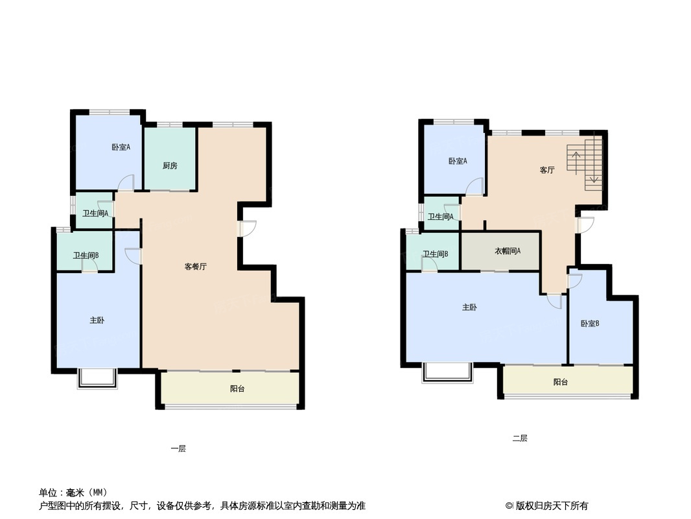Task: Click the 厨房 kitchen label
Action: coord(170,166)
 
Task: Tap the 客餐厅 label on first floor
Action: coord(195,267)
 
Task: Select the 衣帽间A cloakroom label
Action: coord(508,251)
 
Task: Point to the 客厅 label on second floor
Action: coord(547,170)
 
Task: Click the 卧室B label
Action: coord(590,323)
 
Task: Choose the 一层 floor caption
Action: coord(178,448)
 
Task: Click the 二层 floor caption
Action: coord(520,438)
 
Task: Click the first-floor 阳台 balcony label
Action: coord(237,389)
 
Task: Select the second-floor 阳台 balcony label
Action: coord(560,382)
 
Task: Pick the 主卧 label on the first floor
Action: coord(97,320)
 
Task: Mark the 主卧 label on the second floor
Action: coord(469,307)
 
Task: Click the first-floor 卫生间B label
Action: coord(86,256)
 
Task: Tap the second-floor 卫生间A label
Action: coord(440,217)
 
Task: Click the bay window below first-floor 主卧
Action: coord(98,378)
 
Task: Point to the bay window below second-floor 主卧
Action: coord(447,372)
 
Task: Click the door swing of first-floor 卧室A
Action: coord(126,182)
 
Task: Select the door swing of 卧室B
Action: coord(575,281)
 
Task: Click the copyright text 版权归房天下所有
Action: coord(552,506)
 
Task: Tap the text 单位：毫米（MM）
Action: coord(73,492)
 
